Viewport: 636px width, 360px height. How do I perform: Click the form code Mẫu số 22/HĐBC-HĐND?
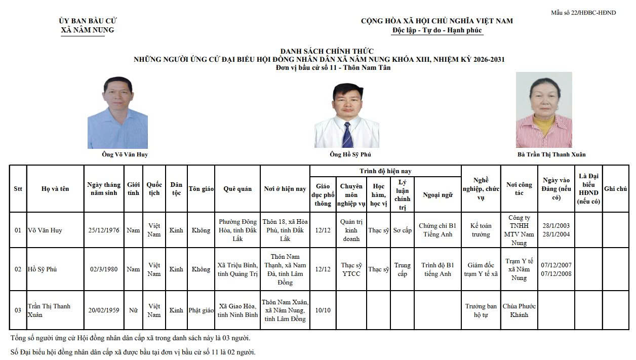pyautogui.click(x=583, y=13)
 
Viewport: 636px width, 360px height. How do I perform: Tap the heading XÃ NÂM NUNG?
pyautogui.click(x=88, y=30)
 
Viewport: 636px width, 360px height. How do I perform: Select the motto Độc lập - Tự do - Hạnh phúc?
pyautogui.click(x=438, y=30)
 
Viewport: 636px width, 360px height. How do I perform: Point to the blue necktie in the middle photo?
pyautogui.click(x=347, y=134)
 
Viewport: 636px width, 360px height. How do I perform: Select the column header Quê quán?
pyautogui.click(x=237, y=189)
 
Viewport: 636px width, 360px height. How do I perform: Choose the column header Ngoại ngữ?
pyautogui.click(x=438, y=195)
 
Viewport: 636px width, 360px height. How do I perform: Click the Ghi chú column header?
pyautogui.click(x=616, y=189)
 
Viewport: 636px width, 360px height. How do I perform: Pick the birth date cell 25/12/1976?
pyautogui.click(x=104, y=230)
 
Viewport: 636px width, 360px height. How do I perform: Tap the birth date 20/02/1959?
pyautogui.click(x=104, y=310)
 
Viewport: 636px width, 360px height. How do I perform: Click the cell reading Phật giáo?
pyautogui.click(x=201, y=310)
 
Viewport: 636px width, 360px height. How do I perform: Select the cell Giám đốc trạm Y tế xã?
pyautogui.click(x=481, y=269)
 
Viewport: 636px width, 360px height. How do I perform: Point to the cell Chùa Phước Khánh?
pyautogui.click(x=519, y=310)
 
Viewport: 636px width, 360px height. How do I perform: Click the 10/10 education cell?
pyautogui.click(x=323, y=310)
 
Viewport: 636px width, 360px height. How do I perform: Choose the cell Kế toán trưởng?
pyautogui.click(x=481, y=230)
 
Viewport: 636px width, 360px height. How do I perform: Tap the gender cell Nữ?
pyautogui.click(x=133, y=310)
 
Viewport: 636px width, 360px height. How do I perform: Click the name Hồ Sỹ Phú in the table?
pyautogui.click(x=43, y=269)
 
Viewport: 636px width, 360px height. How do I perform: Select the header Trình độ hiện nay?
pyautogui.click(x=385, y=171)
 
